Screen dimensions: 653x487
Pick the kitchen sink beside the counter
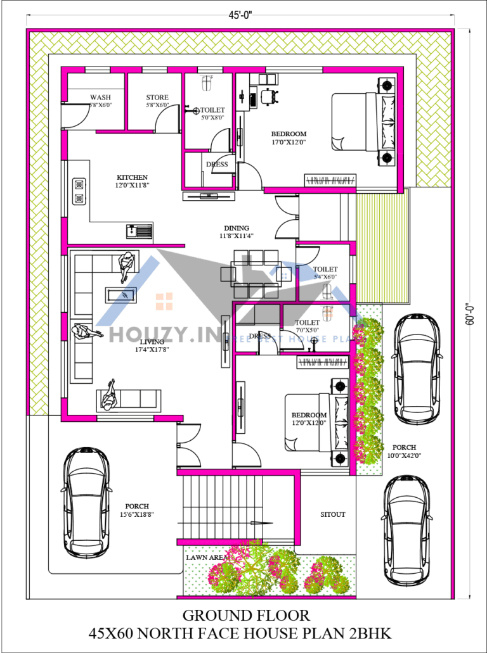(140, 229)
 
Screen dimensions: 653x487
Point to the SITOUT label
(332, 514)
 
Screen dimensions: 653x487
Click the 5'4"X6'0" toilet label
(325, 273)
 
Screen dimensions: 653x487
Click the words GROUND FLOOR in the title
(246, 615)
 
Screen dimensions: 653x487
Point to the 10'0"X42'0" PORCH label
(404, 451)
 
